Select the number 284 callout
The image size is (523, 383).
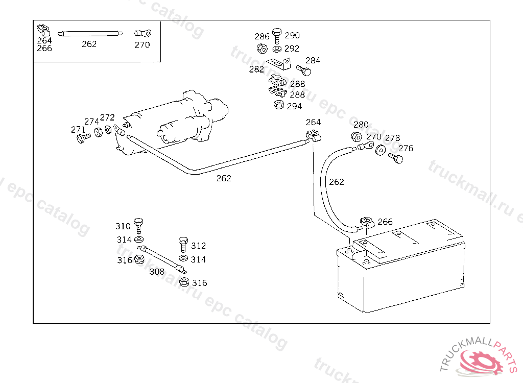click(313, 60)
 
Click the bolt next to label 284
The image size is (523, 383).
click(303, 70)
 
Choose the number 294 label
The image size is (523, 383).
click(294, 106)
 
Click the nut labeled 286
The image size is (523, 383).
click(261, 49)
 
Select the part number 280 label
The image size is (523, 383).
click(361, 125)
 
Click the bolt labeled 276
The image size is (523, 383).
click(396, 158)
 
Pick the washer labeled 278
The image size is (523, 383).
click(381, 151)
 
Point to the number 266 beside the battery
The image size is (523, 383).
click(385, 222)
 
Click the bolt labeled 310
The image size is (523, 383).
click(139, 225)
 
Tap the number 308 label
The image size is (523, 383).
click(157, 272)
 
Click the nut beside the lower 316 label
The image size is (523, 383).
click(185, 282)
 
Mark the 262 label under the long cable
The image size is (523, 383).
click(224, 178)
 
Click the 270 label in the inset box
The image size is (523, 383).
click(142, 44)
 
